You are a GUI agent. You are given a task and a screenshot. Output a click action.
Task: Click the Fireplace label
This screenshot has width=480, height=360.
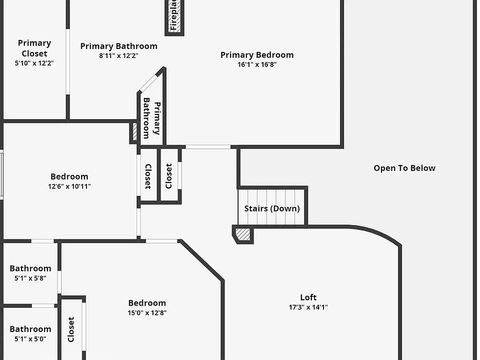tap(174, 15)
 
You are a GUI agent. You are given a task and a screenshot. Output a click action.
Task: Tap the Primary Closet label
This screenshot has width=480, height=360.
tap(34, 48)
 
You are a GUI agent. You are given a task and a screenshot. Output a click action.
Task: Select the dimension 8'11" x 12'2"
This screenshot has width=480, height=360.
tap(119, 55)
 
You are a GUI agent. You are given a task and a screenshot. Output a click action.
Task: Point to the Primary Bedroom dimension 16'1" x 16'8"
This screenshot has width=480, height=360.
tap(257, 64)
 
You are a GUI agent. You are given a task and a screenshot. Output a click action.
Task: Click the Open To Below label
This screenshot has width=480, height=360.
tap(404, 168)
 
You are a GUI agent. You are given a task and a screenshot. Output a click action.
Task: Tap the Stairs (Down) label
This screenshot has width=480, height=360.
tap(272, 209)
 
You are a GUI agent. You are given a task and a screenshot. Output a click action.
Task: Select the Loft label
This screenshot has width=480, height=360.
tap(308, 297)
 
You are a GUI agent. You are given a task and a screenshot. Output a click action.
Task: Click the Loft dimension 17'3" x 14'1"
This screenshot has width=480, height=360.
tap(308, 307)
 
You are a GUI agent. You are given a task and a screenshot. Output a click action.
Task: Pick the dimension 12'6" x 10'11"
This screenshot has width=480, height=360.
tap(69, 186)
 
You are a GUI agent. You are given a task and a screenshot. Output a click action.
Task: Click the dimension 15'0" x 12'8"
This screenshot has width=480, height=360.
tap(147, 312)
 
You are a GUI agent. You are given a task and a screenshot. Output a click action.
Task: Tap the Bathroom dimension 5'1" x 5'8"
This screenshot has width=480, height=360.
tap(30, 278)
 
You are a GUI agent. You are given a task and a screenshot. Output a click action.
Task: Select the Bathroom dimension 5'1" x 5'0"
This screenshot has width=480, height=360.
tap(30, 339)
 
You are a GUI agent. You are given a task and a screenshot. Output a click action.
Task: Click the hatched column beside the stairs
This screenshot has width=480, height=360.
tap(243, 235)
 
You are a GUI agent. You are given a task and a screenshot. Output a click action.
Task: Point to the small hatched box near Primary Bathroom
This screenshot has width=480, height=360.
tap(134, 132)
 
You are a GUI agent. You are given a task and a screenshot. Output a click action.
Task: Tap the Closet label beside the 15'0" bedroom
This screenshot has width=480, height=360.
tap(71, 329)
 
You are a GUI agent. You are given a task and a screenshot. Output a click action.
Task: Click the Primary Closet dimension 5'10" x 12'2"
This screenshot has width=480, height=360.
tap(34, 63)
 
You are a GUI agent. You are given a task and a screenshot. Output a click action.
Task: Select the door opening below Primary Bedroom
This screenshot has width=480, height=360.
tap(208, 147)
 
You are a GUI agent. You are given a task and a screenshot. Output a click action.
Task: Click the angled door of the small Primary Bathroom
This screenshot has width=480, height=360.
tap(148, 82)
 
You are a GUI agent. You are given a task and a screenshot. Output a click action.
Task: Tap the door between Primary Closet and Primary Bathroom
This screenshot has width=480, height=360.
tap(67, 62)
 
